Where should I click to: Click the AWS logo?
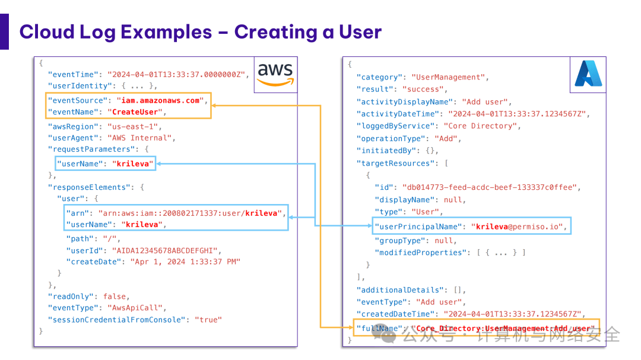coord(275,74)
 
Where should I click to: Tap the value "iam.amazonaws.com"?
coord(161,100)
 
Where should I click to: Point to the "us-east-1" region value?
coord(134,126)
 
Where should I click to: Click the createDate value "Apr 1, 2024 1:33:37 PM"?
coord(185,261)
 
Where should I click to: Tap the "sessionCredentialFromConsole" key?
coord(118,320)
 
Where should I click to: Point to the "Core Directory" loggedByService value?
coord(481,126)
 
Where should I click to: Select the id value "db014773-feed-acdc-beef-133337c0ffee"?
coord(489,187)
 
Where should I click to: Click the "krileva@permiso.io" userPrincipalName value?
coord(519,226)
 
